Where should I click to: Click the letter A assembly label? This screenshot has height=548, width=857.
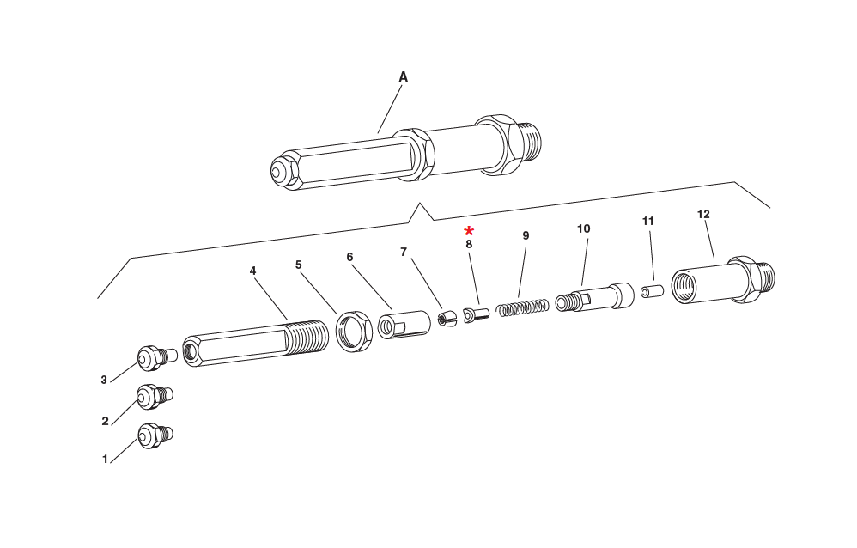403,77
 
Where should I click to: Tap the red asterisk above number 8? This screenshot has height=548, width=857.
469,231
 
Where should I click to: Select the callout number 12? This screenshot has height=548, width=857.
703,214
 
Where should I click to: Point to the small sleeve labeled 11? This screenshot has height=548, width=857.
651,292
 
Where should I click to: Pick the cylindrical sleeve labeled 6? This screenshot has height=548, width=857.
404,325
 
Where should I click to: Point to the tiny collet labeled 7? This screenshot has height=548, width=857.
446,320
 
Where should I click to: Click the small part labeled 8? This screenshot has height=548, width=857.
475,315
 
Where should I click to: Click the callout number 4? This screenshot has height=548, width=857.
252,271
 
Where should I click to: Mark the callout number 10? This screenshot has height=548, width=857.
583,229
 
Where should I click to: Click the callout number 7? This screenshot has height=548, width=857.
403,252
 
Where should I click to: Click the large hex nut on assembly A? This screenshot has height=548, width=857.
501,144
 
